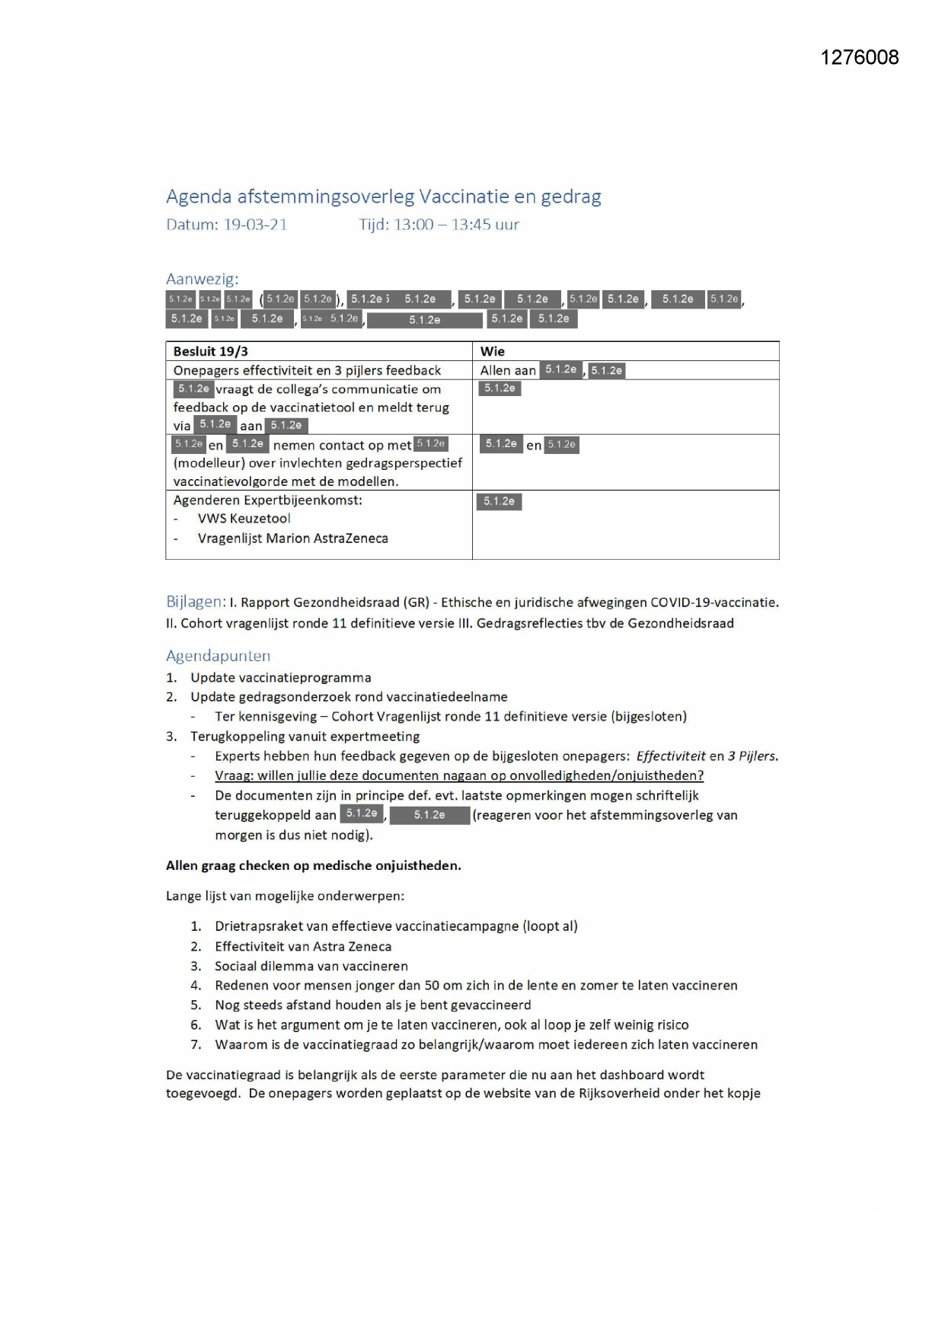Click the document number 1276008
(859, 58)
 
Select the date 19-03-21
(255, 225)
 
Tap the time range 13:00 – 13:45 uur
(455, 225)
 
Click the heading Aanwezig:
(202, 279)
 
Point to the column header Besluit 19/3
(210, 351)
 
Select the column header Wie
(492, 351)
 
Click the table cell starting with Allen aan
(508, 371)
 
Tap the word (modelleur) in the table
(209, 463)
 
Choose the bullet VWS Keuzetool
(244, 519)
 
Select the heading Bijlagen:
(196, 602)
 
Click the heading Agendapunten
(218, 656)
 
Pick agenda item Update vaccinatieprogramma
(280, 678)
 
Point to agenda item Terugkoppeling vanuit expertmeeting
(305, 737)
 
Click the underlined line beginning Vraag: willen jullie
(458, 775)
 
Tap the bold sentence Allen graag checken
(313, 865)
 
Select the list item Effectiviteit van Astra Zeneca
(302, 947)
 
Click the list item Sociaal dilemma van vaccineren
(311, 966)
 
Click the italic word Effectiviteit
(670, 756)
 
